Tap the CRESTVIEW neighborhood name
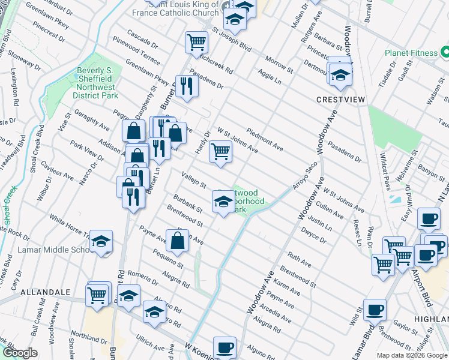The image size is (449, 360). pyautogui.click(x=341, y=99)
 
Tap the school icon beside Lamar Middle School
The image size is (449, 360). pyautogui.click(x=101, y=242)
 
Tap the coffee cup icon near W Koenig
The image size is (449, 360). pyautogui.click(x=224, y=347)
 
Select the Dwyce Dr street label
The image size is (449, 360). pyautogui.click(x=313, y=234)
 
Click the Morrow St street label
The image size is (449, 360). pyautogui.click(x=279, y=66)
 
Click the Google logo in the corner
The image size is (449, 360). pyautogui.click(x=20, y=353)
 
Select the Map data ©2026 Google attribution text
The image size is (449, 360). pyautogui.click(x=411, y=355)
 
